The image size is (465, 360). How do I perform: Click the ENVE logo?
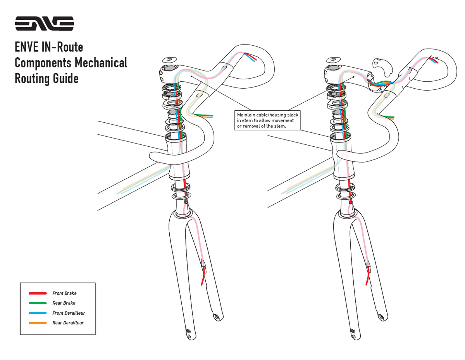coord(45,23)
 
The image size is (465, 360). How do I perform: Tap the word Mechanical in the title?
coord(101,63)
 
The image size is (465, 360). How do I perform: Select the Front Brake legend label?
coord(64,293)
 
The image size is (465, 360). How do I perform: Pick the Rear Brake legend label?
coord(64,303)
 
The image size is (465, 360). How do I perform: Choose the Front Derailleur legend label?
coord(69,313)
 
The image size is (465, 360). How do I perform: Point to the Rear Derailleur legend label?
coord(68,323)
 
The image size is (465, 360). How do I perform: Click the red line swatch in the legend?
coord(38,293)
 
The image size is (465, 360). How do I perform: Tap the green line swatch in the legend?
coord(38,303)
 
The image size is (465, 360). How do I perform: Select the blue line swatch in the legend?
coord(38,313)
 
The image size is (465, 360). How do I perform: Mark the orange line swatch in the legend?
coord(38,323)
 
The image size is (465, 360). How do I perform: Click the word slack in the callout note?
coord(293,115)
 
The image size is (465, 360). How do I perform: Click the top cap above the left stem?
coord(170,60)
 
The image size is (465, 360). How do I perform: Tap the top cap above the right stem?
coord(333,60)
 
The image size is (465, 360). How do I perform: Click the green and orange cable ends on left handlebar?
coord(204,116)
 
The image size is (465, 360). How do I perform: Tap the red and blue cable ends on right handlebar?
coord(433,60)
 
